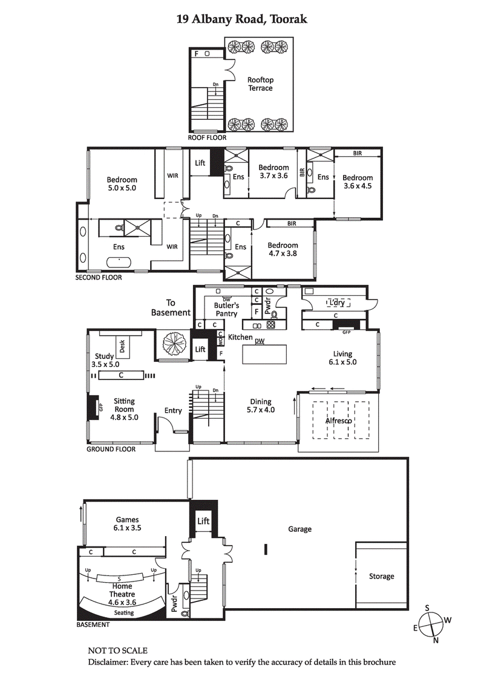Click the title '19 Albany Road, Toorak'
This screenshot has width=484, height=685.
coord(242,19)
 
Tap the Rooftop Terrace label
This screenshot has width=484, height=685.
coord(260,84)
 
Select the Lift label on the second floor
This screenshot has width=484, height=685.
coord(200,163)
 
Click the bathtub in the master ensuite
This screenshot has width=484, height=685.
coord(119,263)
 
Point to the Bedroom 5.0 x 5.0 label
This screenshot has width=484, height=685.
coord(122,184)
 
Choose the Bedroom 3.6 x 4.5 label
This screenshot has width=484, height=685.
coord(357,182)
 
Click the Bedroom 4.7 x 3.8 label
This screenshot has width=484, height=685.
coord(283,250)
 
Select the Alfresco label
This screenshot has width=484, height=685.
coord(339,421)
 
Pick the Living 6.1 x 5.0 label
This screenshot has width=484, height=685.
coord(342,358)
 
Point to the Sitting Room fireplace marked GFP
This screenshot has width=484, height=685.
coord(93,408)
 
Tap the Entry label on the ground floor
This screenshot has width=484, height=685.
coord(173,411)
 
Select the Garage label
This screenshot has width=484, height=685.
coord(299,529)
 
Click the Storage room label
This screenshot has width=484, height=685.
coord(381,576)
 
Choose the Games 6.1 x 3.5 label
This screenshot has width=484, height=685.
coord(127,524)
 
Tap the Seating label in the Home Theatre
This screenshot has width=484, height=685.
coord(123,612)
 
